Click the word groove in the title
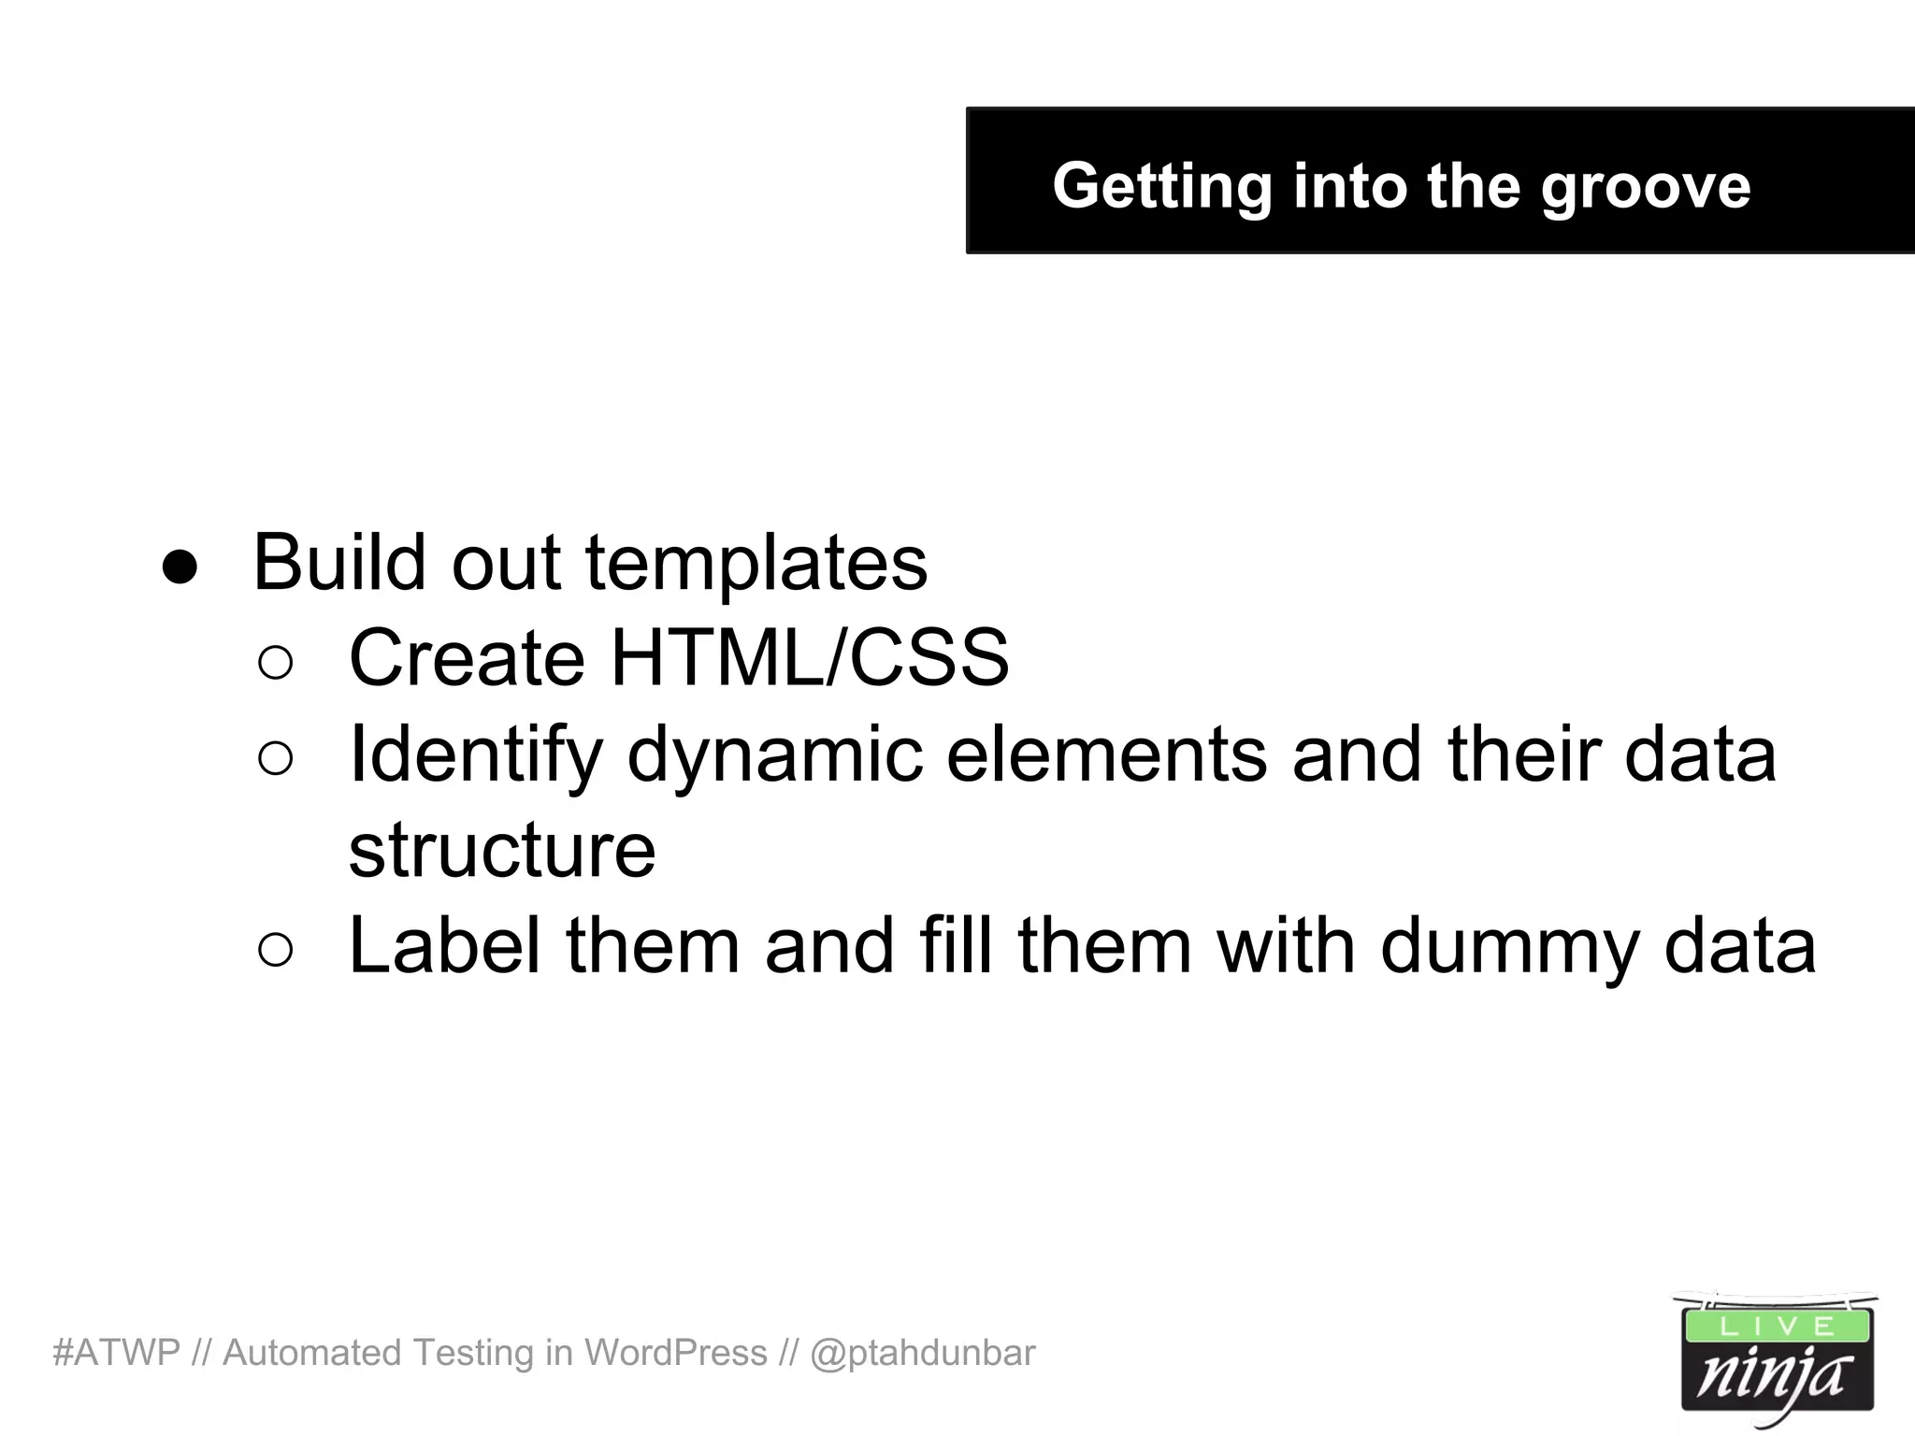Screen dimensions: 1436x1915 1645,187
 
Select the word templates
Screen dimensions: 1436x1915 756,564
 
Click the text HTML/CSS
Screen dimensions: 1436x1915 810,658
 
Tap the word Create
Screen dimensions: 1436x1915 467,658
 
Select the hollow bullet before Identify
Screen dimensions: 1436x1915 276,758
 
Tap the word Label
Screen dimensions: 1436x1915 444,946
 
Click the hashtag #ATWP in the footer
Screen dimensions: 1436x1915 116,1353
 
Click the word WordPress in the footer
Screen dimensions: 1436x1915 675,1353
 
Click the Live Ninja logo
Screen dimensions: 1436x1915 1776,1360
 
